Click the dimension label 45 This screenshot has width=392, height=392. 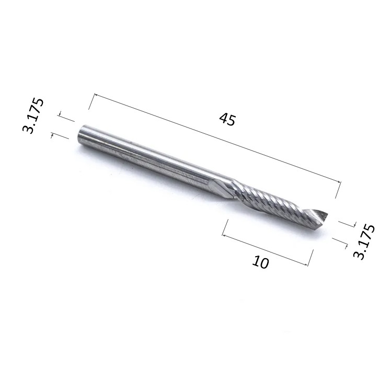(227, 119)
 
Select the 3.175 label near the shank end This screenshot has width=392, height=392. (33, 116)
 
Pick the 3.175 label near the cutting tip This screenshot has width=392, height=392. (364, 241)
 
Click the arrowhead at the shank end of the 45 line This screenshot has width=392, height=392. (96, 95)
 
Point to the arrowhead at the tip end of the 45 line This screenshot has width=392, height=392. (338, 182)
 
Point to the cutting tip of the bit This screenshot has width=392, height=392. (328, 214)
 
